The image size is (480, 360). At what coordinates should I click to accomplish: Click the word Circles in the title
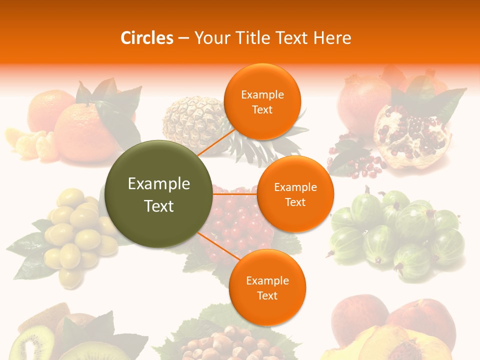coord(146,38)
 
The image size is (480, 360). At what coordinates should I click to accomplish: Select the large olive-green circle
coord(158,194)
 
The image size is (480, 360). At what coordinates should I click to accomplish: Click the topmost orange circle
coord(262,101)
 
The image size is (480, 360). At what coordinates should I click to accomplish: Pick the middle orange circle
coord(295,194)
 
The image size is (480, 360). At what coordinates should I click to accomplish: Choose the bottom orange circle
coord(267,287)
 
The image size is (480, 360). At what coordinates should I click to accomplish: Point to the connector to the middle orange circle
coord(234,194)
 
